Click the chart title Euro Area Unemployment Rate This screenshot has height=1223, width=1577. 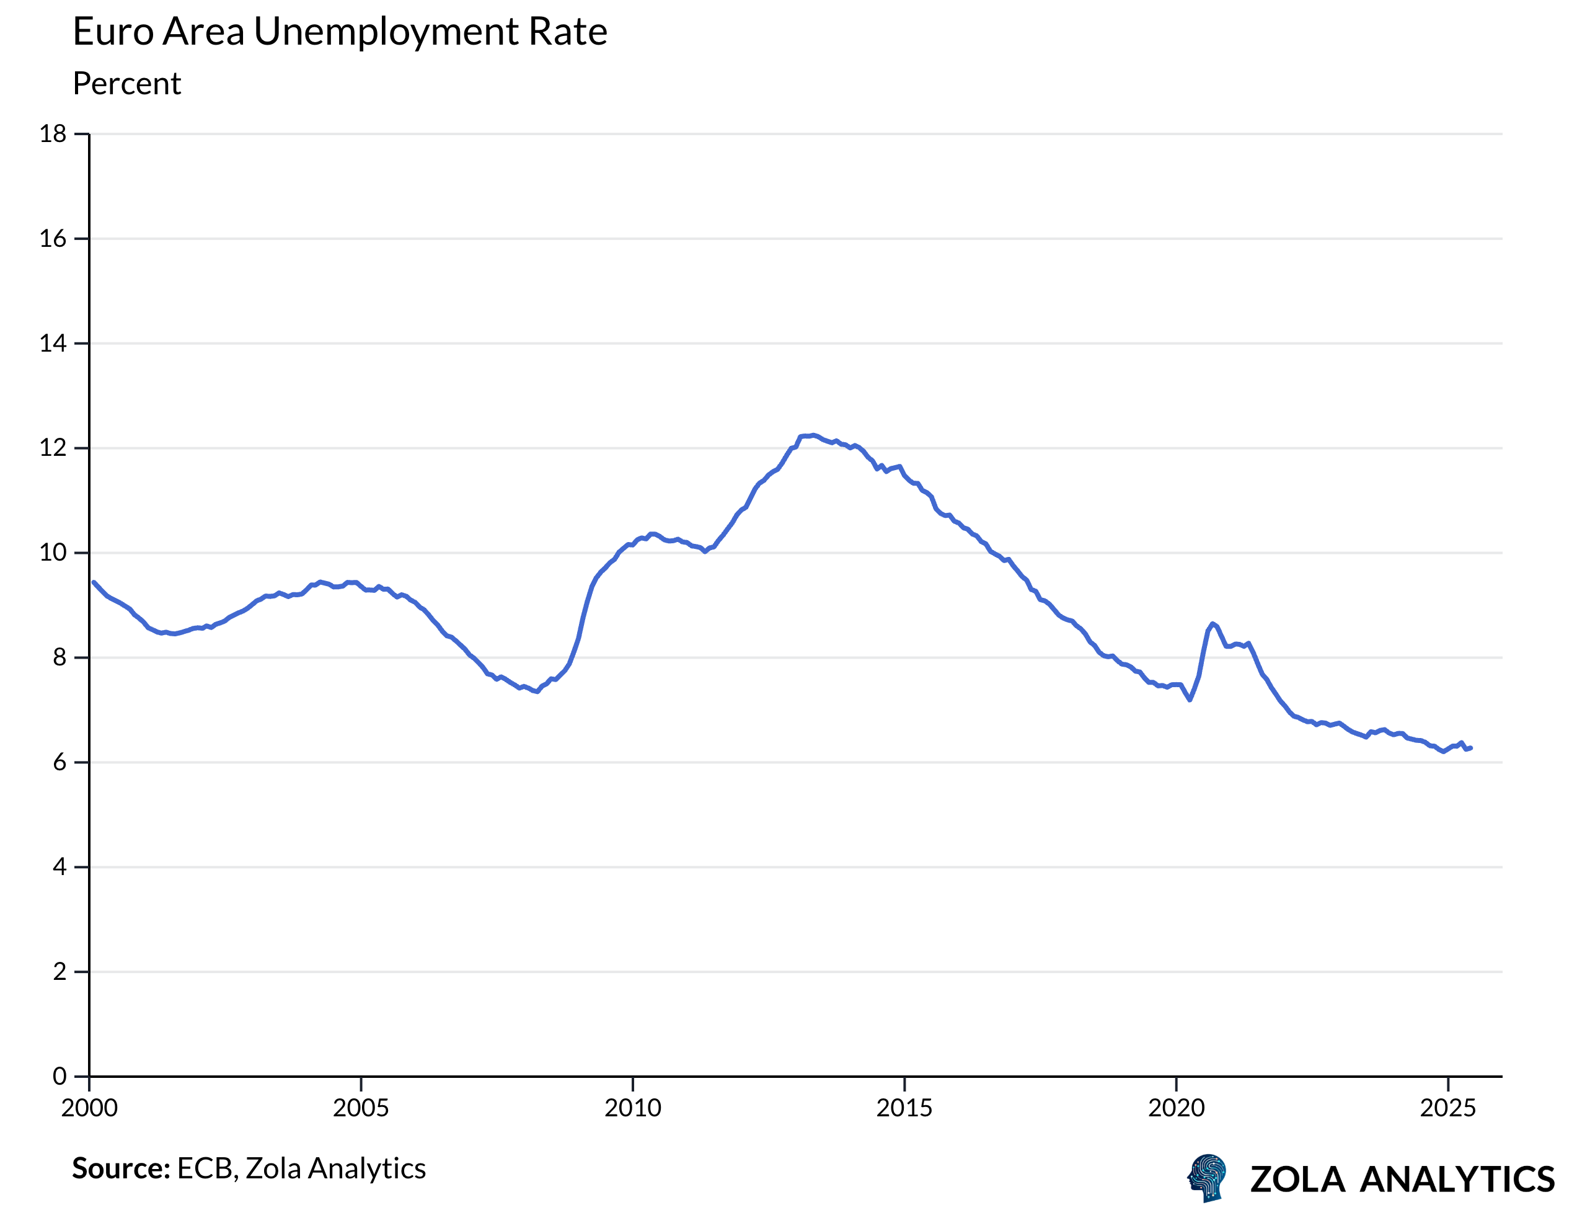(x=339, y=32)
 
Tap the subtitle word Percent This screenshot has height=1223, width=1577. (x=127, y=84)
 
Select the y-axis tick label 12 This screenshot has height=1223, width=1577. (x=53, y=448)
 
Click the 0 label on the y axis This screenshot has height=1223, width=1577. (x=60, y=1077)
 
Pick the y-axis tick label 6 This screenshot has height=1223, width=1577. (x=60, y=762)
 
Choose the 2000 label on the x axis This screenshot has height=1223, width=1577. (x=89, y=1108)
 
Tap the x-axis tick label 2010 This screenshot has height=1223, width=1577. (x=632, y=1108)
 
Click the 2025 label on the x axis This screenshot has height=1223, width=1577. (x=1447, y=1108)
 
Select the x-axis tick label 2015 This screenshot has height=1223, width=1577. (x=904, y=1108)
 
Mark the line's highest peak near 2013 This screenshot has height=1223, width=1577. (x=813, y=435)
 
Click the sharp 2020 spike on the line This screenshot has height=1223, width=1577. (x=1213, y=623)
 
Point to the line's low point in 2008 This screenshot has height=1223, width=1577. (x=537, y=692)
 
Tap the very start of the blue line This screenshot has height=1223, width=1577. (x=94, y=582)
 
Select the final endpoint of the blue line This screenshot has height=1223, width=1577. (x=1471, y=748)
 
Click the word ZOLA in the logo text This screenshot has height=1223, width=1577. (x=1297, y=1180)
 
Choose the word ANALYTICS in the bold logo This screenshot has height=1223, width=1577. (x=1457, y=1180)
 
